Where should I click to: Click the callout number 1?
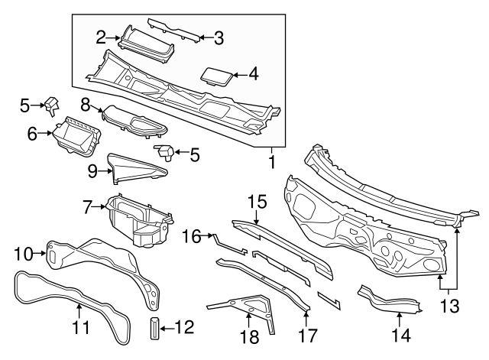pos(270,163)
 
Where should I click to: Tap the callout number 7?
pos(89,206)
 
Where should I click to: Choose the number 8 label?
pos(86,102)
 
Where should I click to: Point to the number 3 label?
pos(219,36)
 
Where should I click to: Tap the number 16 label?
pos(192,236)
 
